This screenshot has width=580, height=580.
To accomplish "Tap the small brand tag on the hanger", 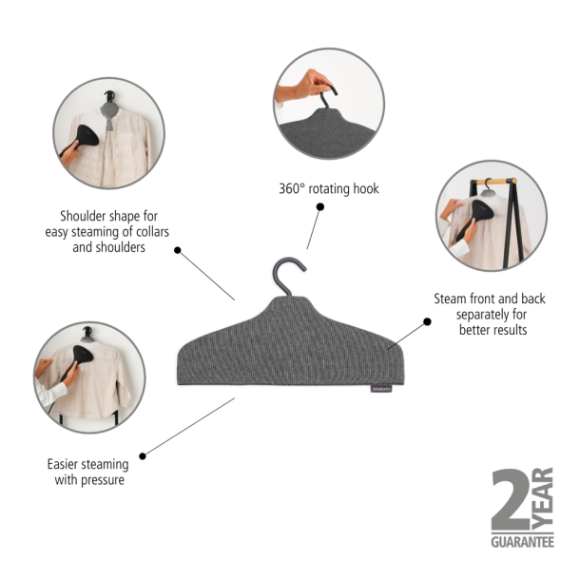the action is [381, 389].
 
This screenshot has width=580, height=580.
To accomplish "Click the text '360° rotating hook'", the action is [329, 188].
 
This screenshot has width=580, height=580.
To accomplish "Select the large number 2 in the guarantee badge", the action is [512, 499].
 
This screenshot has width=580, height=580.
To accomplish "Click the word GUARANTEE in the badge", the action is [522, 542].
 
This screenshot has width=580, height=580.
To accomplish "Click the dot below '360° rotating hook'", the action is [320, 206].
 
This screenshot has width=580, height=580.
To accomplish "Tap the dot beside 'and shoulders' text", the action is [178, 250].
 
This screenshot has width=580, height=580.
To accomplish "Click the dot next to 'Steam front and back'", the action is [427, 321].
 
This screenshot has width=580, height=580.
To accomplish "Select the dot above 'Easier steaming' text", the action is [143, 456].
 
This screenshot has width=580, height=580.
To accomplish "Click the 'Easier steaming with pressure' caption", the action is [88, 472].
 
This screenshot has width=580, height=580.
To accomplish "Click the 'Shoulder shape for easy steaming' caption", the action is [107, 232].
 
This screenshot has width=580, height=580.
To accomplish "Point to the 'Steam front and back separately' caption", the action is [490, 315].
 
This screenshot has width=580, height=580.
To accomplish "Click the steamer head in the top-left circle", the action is [87, 136].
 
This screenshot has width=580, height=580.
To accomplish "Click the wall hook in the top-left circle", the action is [109, 95].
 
